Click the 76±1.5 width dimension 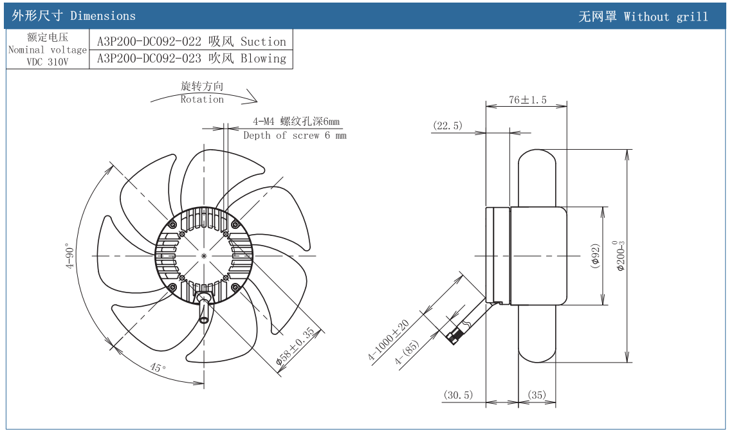[x=528, y=100]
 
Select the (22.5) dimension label [x=448, y=126]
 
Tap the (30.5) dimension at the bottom [x=458, y=395]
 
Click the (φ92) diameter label [x=595, y=256]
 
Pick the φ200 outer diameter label [x=619, y=256]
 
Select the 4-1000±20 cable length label [x=390, y=342]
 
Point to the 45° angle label [x=158, y=368]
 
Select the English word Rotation [x=202, y=100]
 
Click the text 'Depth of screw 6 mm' [x=295, y=136]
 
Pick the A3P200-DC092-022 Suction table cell [x=192, y=42]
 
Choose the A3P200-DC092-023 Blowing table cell [x=192, y=59]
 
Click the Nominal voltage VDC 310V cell [x=48, y=50]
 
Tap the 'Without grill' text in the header [x=666, y=17]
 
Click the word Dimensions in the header [x=103, y=16]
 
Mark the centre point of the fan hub [x=204, y=256]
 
